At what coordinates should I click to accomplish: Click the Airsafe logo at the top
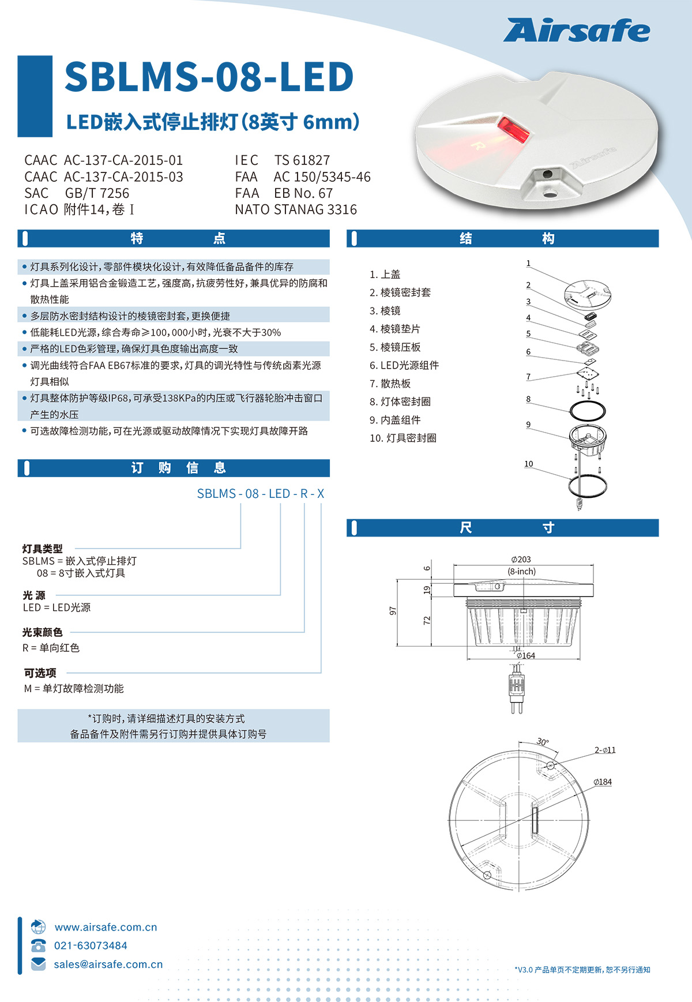pos(577,31)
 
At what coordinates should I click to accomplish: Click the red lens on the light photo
pos(513,130)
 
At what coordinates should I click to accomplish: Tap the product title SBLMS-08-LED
pos(209,77)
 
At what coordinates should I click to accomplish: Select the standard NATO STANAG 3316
pos(296,209)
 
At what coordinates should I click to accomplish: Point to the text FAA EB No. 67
pos(284,193)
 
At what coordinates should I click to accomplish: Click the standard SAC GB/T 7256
pos(77,193)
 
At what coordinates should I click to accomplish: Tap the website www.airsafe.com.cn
pos(106,927)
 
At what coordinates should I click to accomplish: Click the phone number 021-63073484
pos(91,945)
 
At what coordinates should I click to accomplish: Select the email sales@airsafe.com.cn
pos(108,965)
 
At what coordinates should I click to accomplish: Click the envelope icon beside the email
pos(39,964)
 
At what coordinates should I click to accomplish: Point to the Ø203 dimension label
pos(521,560)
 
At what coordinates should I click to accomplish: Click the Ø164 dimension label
pos(525,655)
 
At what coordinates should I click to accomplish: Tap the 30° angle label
pos(543,742)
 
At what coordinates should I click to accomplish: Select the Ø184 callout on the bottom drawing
pos(603,782)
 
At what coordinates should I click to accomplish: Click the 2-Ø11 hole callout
pos(605,750)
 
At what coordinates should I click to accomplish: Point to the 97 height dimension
pos(393,611)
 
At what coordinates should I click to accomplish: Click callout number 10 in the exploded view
pos(529,464)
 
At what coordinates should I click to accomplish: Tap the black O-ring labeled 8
pos(588,411)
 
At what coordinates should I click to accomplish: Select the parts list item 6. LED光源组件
pos(404,365)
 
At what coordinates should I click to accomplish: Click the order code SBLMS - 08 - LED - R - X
pos(261,494)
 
